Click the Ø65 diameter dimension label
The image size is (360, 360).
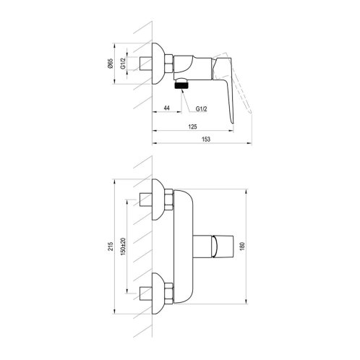tap(110, 64)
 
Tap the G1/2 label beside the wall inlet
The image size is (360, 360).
tap(123, 64)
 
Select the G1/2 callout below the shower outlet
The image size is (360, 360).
tap(201, 109)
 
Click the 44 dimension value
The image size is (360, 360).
tap(166, 108)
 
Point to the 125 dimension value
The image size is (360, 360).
tap(192, 127)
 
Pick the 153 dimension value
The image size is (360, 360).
tap(205, 139)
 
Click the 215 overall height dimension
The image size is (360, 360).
tap(111, 246)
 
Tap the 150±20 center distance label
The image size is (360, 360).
tap(124, 247)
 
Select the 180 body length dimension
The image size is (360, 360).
tap(242, 246)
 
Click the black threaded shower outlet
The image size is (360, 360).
tap(181, 85)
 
